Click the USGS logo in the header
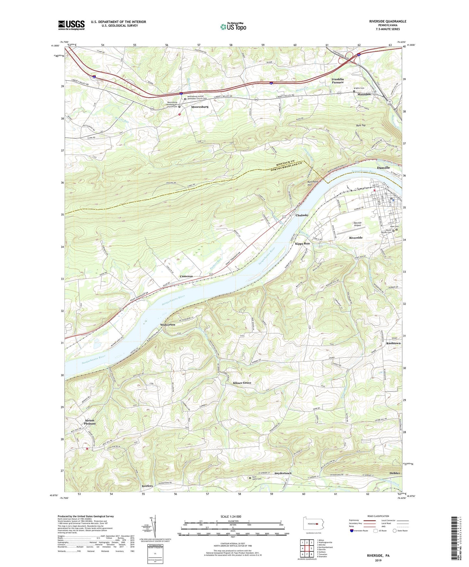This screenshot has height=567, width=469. (71, 25)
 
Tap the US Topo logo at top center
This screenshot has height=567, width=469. (233, 26)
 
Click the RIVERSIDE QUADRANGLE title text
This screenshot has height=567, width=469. (387, 21)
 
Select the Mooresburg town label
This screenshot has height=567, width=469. (200, 107)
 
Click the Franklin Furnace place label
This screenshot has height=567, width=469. (338, 81)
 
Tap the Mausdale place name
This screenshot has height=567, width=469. (364, 94)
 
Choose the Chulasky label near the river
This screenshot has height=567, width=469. (302, 215)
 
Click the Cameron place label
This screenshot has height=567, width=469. (186, 276)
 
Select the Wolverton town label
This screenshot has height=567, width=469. (168, 325)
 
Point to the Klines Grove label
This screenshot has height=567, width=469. (242, 383)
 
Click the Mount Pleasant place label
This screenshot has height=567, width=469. (90, 422)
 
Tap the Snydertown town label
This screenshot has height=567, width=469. (283, 473)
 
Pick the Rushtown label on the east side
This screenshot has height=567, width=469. (393, 343)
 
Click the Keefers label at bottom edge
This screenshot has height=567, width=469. (147, 486)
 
